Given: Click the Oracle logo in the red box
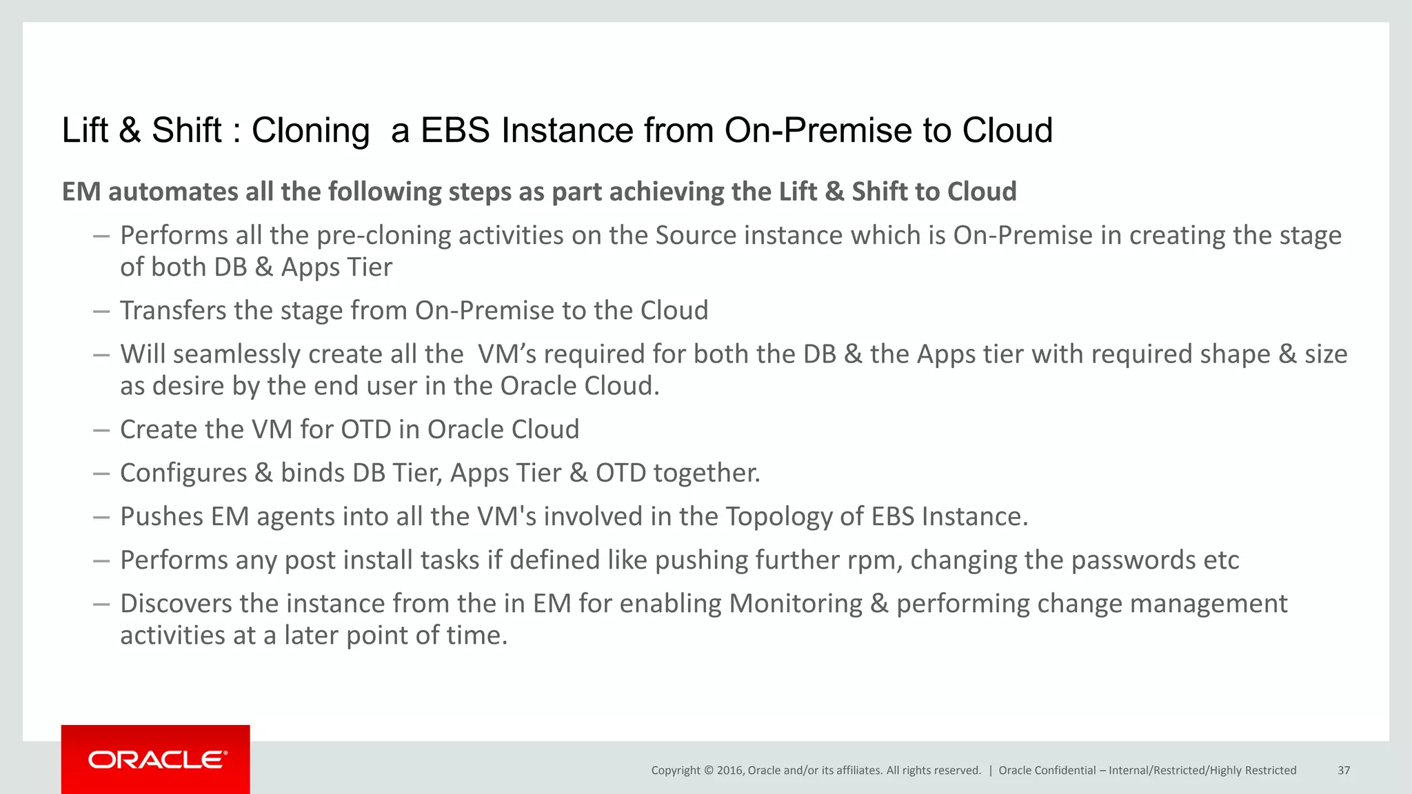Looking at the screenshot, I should click(x=157, y=760).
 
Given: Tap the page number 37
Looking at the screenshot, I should click(x=1344, y=771).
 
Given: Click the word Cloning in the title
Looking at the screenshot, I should click(x=310, y=130).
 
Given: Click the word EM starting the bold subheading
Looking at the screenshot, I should click(x=81, y=192).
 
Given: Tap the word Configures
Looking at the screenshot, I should click(x=183, y=474).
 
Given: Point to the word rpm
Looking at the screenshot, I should click(x=872, y=561).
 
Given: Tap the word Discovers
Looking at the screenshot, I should click(x=176, y=604).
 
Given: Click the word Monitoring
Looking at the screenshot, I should click(x=796, y=604).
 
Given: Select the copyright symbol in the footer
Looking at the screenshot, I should click(x=708, y=771).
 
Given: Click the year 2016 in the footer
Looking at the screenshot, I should click(x=729, y=771).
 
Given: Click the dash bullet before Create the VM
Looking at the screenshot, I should click(x=101, y=430).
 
